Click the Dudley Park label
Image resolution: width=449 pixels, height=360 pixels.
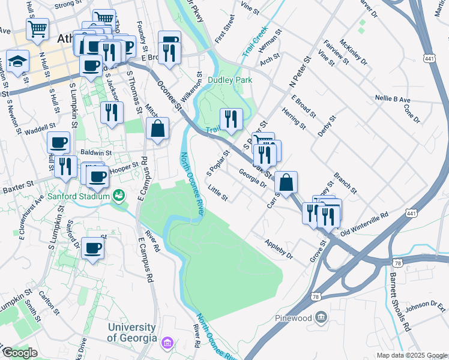[230, 80]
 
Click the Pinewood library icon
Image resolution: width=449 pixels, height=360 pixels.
[322, 317]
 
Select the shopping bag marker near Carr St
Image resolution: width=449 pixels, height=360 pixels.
[287, 182]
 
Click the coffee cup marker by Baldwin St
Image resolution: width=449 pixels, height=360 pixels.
[59, 143]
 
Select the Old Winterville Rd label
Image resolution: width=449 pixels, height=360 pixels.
[364, 224]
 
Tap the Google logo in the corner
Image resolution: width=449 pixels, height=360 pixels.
[20, 353]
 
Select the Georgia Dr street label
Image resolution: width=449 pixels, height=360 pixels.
[252, 179]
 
